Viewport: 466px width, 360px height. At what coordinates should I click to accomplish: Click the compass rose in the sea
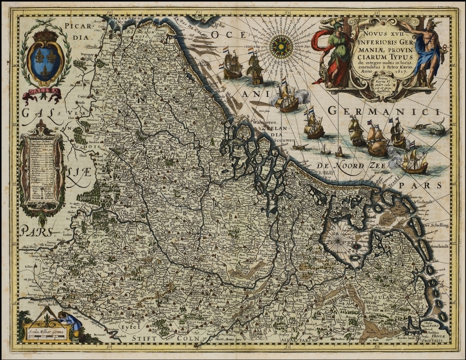click(x=281, y=47)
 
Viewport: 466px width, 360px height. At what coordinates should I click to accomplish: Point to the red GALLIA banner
click(x=42, y=94)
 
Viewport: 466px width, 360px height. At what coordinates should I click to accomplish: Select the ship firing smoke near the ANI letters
click(x=288, y=99)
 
